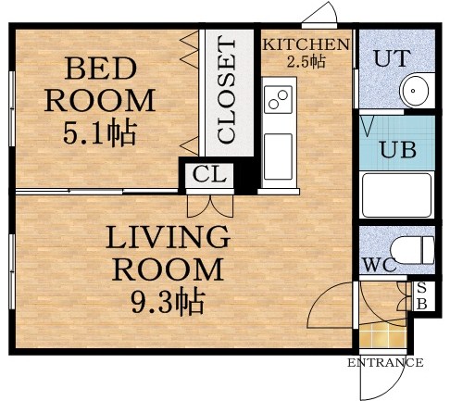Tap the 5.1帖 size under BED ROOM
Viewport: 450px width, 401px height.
[99, 132]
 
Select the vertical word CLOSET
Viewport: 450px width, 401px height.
[226, 91]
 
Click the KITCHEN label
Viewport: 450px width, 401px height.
[306, 44]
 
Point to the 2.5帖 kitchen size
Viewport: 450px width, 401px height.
[306, 61]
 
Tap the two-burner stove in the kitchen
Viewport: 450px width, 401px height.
[277, 97]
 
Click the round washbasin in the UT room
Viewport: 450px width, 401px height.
[413, 91]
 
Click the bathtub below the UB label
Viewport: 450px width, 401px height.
[397, 194]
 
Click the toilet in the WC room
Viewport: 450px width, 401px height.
[411, 250]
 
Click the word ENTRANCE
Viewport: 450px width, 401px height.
[385, 363]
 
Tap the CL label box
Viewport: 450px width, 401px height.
[207, 173]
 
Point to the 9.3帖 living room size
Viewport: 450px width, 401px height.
[167, 301]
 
